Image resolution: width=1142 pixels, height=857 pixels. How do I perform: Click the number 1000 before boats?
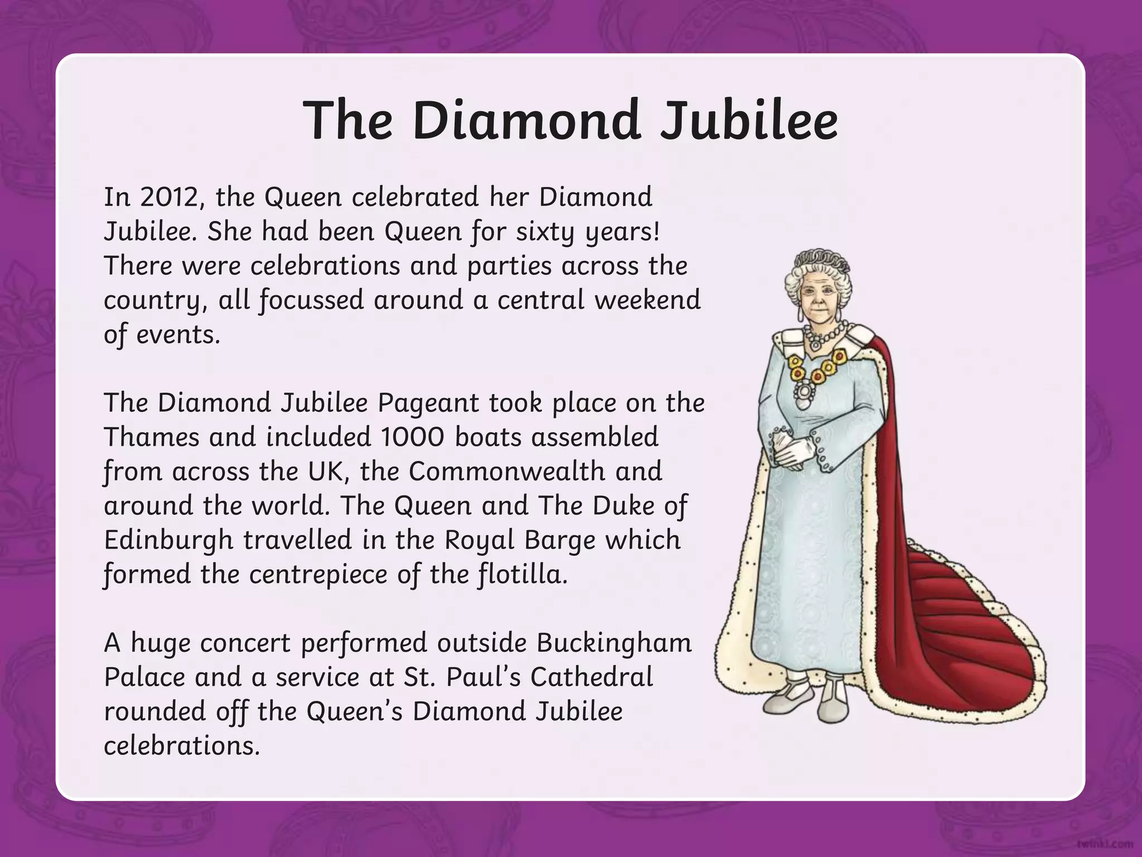413,437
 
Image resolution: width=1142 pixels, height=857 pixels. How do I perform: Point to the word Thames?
152,437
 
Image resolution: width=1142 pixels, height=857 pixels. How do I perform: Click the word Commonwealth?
507,471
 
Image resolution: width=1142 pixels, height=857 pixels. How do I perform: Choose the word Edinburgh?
168,540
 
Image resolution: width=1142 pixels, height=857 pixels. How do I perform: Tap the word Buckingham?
614,643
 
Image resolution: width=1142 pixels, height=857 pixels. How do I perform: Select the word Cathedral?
592,677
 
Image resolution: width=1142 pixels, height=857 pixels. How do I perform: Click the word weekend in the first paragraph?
647,300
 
